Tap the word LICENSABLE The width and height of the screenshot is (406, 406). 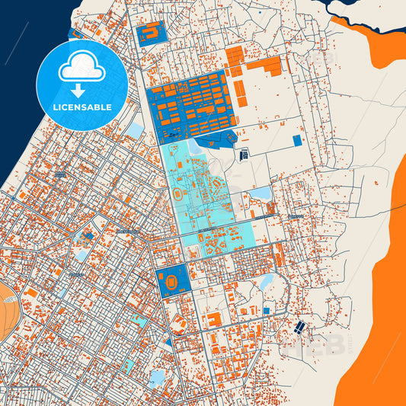[x=82, y=107]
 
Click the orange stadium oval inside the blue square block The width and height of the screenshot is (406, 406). [x=172, y=280]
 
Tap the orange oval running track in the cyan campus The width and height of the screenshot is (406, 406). [x=177, y=194]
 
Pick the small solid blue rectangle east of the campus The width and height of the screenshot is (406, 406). [x=297, y=141]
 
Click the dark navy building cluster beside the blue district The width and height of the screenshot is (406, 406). [x=245, y=155]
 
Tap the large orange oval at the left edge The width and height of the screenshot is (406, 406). [x=6, y=308]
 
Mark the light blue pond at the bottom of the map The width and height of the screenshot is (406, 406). [x=158, y=376]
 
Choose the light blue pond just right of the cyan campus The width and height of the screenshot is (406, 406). [x=261, y=193]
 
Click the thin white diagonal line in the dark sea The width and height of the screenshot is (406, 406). [x=15, y=42]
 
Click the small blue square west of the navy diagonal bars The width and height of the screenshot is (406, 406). [x=266, y=310]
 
